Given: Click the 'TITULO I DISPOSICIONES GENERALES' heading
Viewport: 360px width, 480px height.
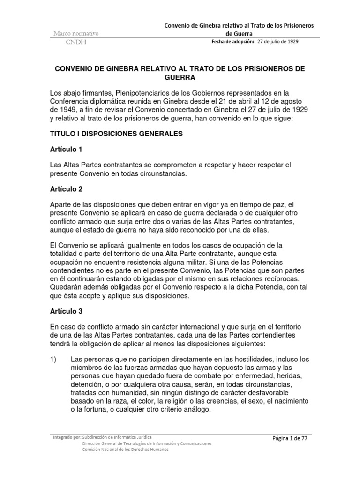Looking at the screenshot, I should tap(116, 134).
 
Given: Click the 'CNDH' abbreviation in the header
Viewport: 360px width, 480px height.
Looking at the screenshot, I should tap(75, 43).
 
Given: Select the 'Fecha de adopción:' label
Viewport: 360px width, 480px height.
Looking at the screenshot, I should tap(232, 41).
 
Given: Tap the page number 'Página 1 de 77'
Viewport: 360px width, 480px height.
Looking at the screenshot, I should tap(292, 438).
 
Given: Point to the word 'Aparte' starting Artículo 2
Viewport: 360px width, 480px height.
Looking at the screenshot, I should tap(61, 205).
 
